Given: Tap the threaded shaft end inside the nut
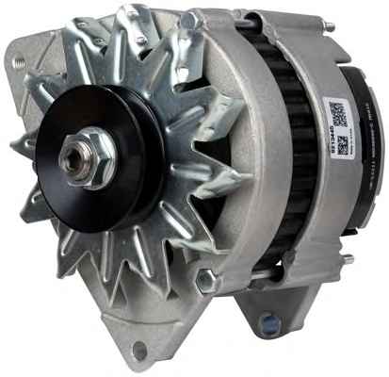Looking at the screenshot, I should tap(79, 158).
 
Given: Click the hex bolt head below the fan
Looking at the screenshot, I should tap(206, 280).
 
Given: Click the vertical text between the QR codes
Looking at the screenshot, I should tap(341, 128).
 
